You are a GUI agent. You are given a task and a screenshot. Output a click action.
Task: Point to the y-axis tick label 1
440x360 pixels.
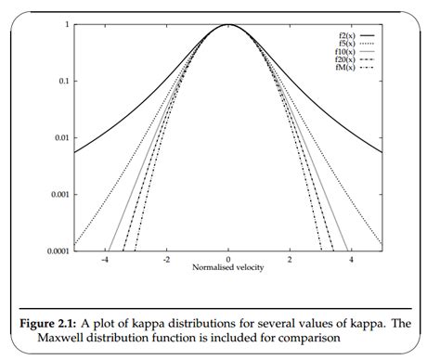coord(65,24)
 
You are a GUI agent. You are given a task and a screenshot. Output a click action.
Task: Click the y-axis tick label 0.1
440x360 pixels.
coord(61,81)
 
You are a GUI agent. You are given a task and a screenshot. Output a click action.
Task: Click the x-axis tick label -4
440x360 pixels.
coord(105,260)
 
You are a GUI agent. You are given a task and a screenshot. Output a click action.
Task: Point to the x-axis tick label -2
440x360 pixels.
coord(166,260)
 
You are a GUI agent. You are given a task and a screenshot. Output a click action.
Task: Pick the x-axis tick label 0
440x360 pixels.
coord(228,260)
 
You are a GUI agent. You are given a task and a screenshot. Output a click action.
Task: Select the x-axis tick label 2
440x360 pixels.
coord(290,260)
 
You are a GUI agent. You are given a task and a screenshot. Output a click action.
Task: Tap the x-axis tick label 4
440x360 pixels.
coord(351,260)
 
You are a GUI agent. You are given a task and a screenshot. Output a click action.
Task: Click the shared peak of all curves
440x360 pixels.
coord(228,25)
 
